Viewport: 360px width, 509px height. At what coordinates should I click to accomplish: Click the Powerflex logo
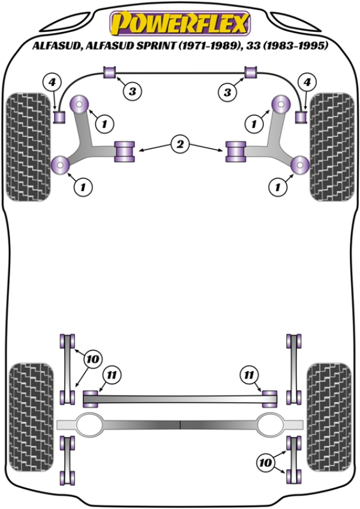coord(178,24)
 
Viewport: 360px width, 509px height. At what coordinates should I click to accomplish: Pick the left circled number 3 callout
coord(133,91)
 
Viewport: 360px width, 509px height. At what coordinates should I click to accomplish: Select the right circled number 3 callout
coord(227,91)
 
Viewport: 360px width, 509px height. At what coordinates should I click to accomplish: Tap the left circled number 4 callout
coord(52,82)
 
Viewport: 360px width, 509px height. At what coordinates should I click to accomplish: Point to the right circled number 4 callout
coord(308,82)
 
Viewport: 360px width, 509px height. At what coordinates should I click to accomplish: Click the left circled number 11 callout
coord(111,376)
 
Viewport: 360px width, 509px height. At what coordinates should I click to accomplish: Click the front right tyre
coord(331,146)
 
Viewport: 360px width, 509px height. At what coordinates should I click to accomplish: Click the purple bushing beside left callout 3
coord(110,73)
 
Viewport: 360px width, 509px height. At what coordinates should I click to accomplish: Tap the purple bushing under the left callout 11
coord(91,397)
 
